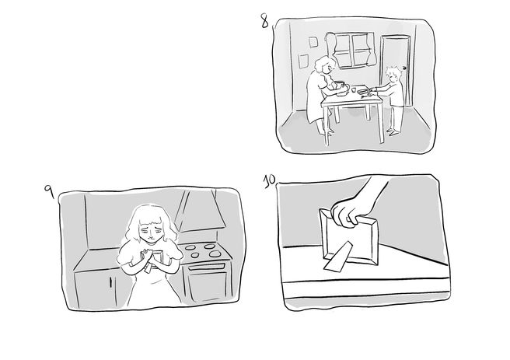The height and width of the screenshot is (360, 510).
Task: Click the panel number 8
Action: [264, 21]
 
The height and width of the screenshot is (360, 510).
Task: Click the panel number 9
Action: [49, 192]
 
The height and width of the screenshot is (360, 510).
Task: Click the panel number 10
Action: [270, 180]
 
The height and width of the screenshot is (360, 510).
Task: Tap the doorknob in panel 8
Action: [404, 68]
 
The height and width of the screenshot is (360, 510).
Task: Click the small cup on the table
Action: [354, 89]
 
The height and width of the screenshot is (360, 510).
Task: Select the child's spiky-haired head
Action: [393, 74]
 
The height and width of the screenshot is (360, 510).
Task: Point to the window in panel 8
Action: [353, 50]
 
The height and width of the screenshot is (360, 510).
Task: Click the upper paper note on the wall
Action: [313, 42]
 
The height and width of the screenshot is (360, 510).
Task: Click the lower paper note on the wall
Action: [303, 61]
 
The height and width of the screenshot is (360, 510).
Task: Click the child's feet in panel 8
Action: [392, 131]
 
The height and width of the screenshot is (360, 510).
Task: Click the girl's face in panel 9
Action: [149, 231]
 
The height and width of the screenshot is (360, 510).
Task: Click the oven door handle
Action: [205, 267]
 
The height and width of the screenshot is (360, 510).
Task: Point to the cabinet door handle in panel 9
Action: [110, 281]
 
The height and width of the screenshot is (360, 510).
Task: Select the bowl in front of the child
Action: [362, 92]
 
